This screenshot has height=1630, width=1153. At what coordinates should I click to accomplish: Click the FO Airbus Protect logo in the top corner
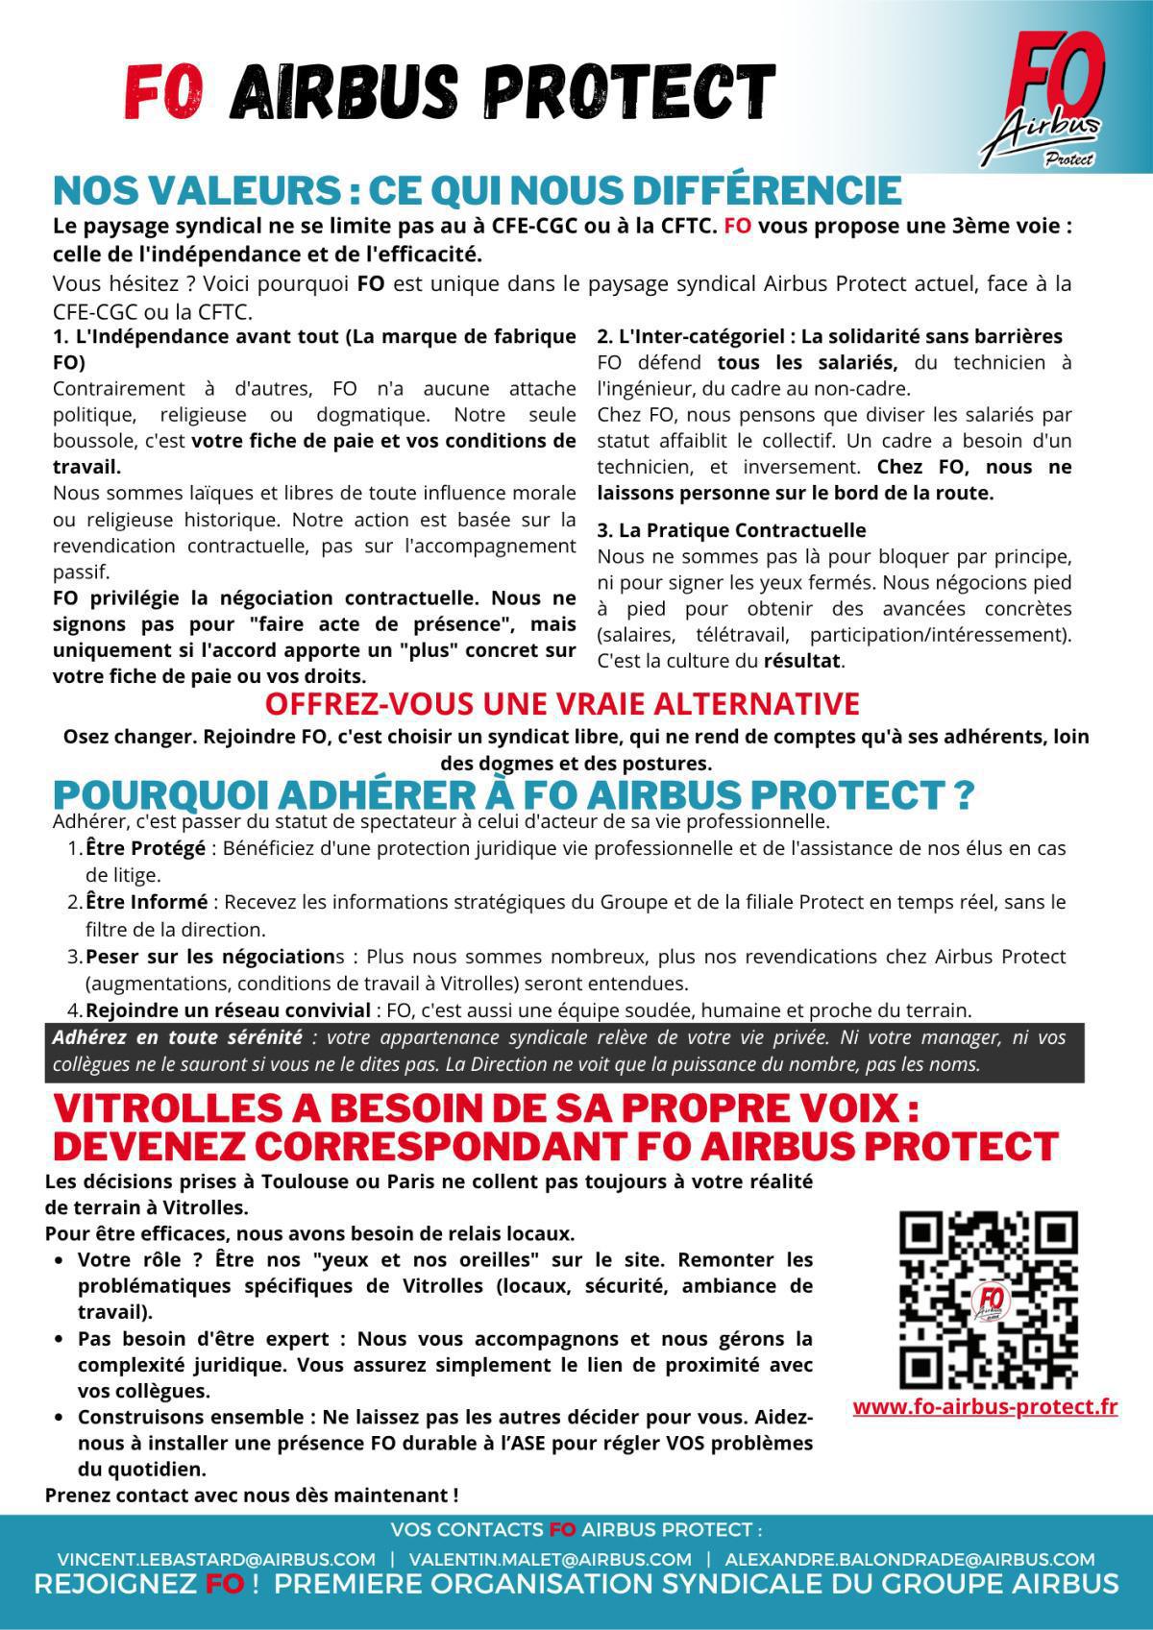pos(1047,96)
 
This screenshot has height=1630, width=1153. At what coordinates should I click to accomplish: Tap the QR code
pos(987,1300)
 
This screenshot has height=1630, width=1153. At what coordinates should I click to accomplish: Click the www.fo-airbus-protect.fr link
pos(985,1407)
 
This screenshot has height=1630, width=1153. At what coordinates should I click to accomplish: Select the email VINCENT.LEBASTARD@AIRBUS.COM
pos(216,1559)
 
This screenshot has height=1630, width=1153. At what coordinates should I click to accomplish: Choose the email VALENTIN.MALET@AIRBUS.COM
pos(550,1559)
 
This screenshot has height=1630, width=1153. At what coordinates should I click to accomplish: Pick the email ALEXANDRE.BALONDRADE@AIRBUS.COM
pos(910,1559)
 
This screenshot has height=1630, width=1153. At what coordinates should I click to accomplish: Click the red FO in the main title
pos(164,93)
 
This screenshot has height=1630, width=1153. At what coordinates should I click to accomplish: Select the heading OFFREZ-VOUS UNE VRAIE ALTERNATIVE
pos(562,703)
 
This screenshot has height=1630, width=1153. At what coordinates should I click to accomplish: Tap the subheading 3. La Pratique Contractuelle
pos(731,530)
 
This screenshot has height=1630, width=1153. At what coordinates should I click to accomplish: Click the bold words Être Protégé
pos(145,848)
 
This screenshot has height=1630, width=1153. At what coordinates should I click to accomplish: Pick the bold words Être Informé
pos(146,902)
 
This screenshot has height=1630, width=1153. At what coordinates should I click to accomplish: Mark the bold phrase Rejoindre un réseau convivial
pos(228,1010)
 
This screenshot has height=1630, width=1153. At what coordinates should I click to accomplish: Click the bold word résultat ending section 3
pos(801,661)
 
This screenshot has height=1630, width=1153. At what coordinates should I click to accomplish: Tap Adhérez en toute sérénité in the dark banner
pos(177,1038)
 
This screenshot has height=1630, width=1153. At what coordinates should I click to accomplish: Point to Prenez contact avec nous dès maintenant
pos(252,1495)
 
